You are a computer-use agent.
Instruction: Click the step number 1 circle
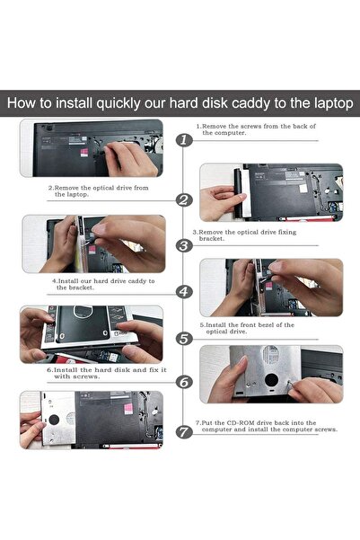coord(184,140)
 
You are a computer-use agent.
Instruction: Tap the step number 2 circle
coord(184,200)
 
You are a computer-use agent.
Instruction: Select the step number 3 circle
coord(184,245)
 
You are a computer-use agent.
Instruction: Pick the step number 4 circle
coord(184,292)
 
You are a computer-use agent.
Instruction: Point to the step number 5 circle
coord(184,339)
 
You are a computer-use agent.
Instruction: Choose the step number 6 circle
coord(184,382)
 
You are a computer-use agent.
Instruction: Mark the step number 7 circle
coord(184,432)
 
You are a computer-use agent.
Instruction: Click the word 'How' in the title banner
coord(21,103)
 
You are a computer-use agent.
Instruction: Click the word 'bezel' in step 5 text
coord(264,324)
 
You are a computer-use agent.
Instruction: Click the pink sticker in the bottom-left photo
coord(128,409)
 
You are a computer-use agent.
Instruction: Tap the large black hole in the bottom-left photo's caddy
coord(54,420)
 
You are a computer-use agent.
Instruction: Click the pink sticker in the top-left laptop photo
coord(84,153)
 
